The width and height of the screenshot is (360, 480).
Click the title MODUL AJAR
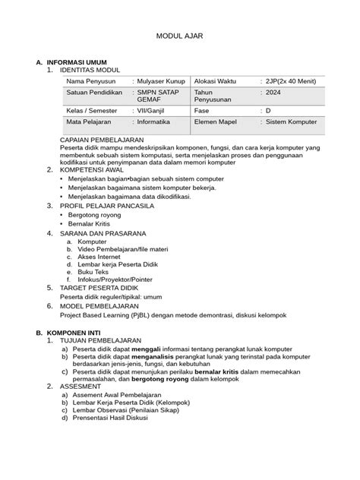(179, 36)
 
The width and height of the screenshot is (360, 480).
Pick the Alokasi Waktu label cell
(221, 81)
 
